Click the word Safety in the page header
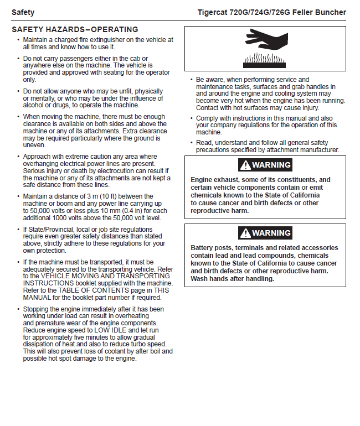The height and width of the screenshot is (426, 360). click(x=23, y=12)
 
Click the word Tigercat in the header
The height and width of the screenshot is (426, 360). click(x=215, y=12)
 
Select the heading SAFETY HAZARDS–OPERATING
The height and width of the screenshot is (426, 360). click(x=75, y=29)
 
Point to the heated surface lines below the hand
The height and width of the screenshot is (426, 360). click(x=264, y=59)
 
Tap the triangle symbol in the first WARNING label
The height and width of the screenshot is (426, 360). click(x=245, y=165)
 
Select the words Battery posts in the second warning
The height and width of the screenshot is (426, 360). click(x=212, y=248)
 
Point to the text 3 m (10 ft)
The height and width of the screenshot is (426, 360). click(x=101, y=196)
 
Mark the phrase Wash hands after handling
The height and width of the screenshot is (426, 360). click(x=232, y=278)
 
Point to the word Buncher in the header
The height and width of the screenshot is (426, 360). click(x=331, y=12)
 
